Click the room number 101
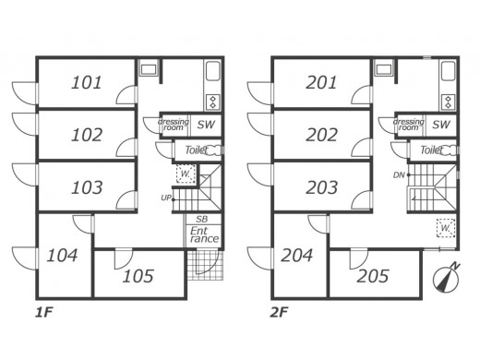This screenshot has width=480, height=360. [x=87, y=83]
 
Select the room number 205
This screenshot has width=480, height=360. [x=373, y=276]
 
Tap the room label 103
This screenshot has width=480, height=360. [x=87, y=187]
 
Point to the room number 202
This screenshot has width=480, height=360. [x=321, y=135]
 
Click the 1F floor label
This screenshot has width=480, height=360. [x=44, y=313]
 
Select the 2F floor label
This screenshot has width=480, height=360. [x=279, y=313]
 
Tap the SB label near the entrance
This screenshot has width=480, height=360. [x=202, y=220]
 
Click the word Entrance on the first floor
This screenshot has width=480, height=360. [x=204, y=234]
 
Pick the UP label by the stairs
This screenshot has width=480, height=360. [x=166, y=198]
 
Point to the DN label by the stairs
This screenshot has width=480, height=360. [x=399, y=175]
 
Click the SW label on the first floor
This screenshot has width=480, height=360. [x=206, y=125]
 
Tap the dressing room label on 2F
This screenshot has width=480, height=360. [x=408, y=125]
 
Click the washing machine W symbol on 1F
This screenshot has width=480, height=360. [x=186, y=174]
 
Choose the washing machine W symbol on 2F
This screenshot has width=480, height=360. [x=446, y=228]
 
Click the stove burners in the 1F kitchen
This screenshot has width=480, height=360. [x=212, y=102]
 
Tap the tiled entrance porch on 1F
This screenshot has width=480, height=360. [x=205, y=265]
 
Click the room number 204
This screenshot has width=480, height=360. [x=297, y=255]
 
